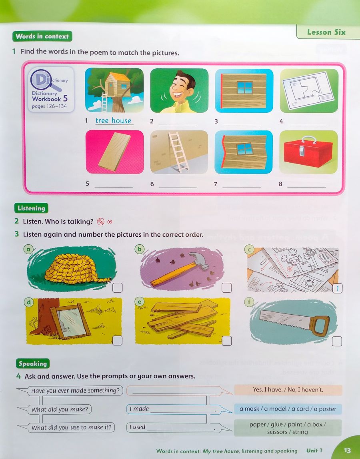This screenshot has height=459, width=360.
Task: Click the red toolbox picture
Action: (308, 152)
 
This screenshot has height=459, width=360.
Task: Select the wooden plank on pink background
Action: (114, 152)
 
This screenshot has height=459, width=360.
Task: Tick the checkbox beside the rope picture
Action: (118, 288)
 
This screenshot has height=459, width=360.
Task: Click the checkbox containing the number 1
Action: (337, 289)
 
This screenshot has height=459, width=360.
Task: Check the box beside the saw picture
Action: (337, 341)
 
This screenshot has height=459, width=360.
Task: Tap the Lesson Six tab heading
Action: (326, 32)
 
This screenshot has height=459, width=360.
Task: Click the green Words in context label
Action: (42, 36)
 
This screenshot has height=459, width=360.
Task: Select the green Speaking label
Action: (33, 363)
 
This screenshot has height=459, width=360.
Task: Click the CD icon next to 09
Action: (100, 222)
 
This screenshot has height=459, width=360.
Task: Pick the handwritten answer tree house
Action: (113, 121)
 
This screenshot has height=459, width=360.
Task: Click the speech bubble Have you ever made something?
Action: (75, 391)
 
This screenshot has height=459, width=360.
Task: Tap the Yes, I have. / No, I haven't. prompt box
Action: (288, 390)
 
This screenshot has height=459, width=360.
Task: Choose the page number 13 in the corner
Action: (347, 450)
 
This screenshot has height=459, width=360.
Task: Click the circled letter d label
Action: (29, 302)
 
